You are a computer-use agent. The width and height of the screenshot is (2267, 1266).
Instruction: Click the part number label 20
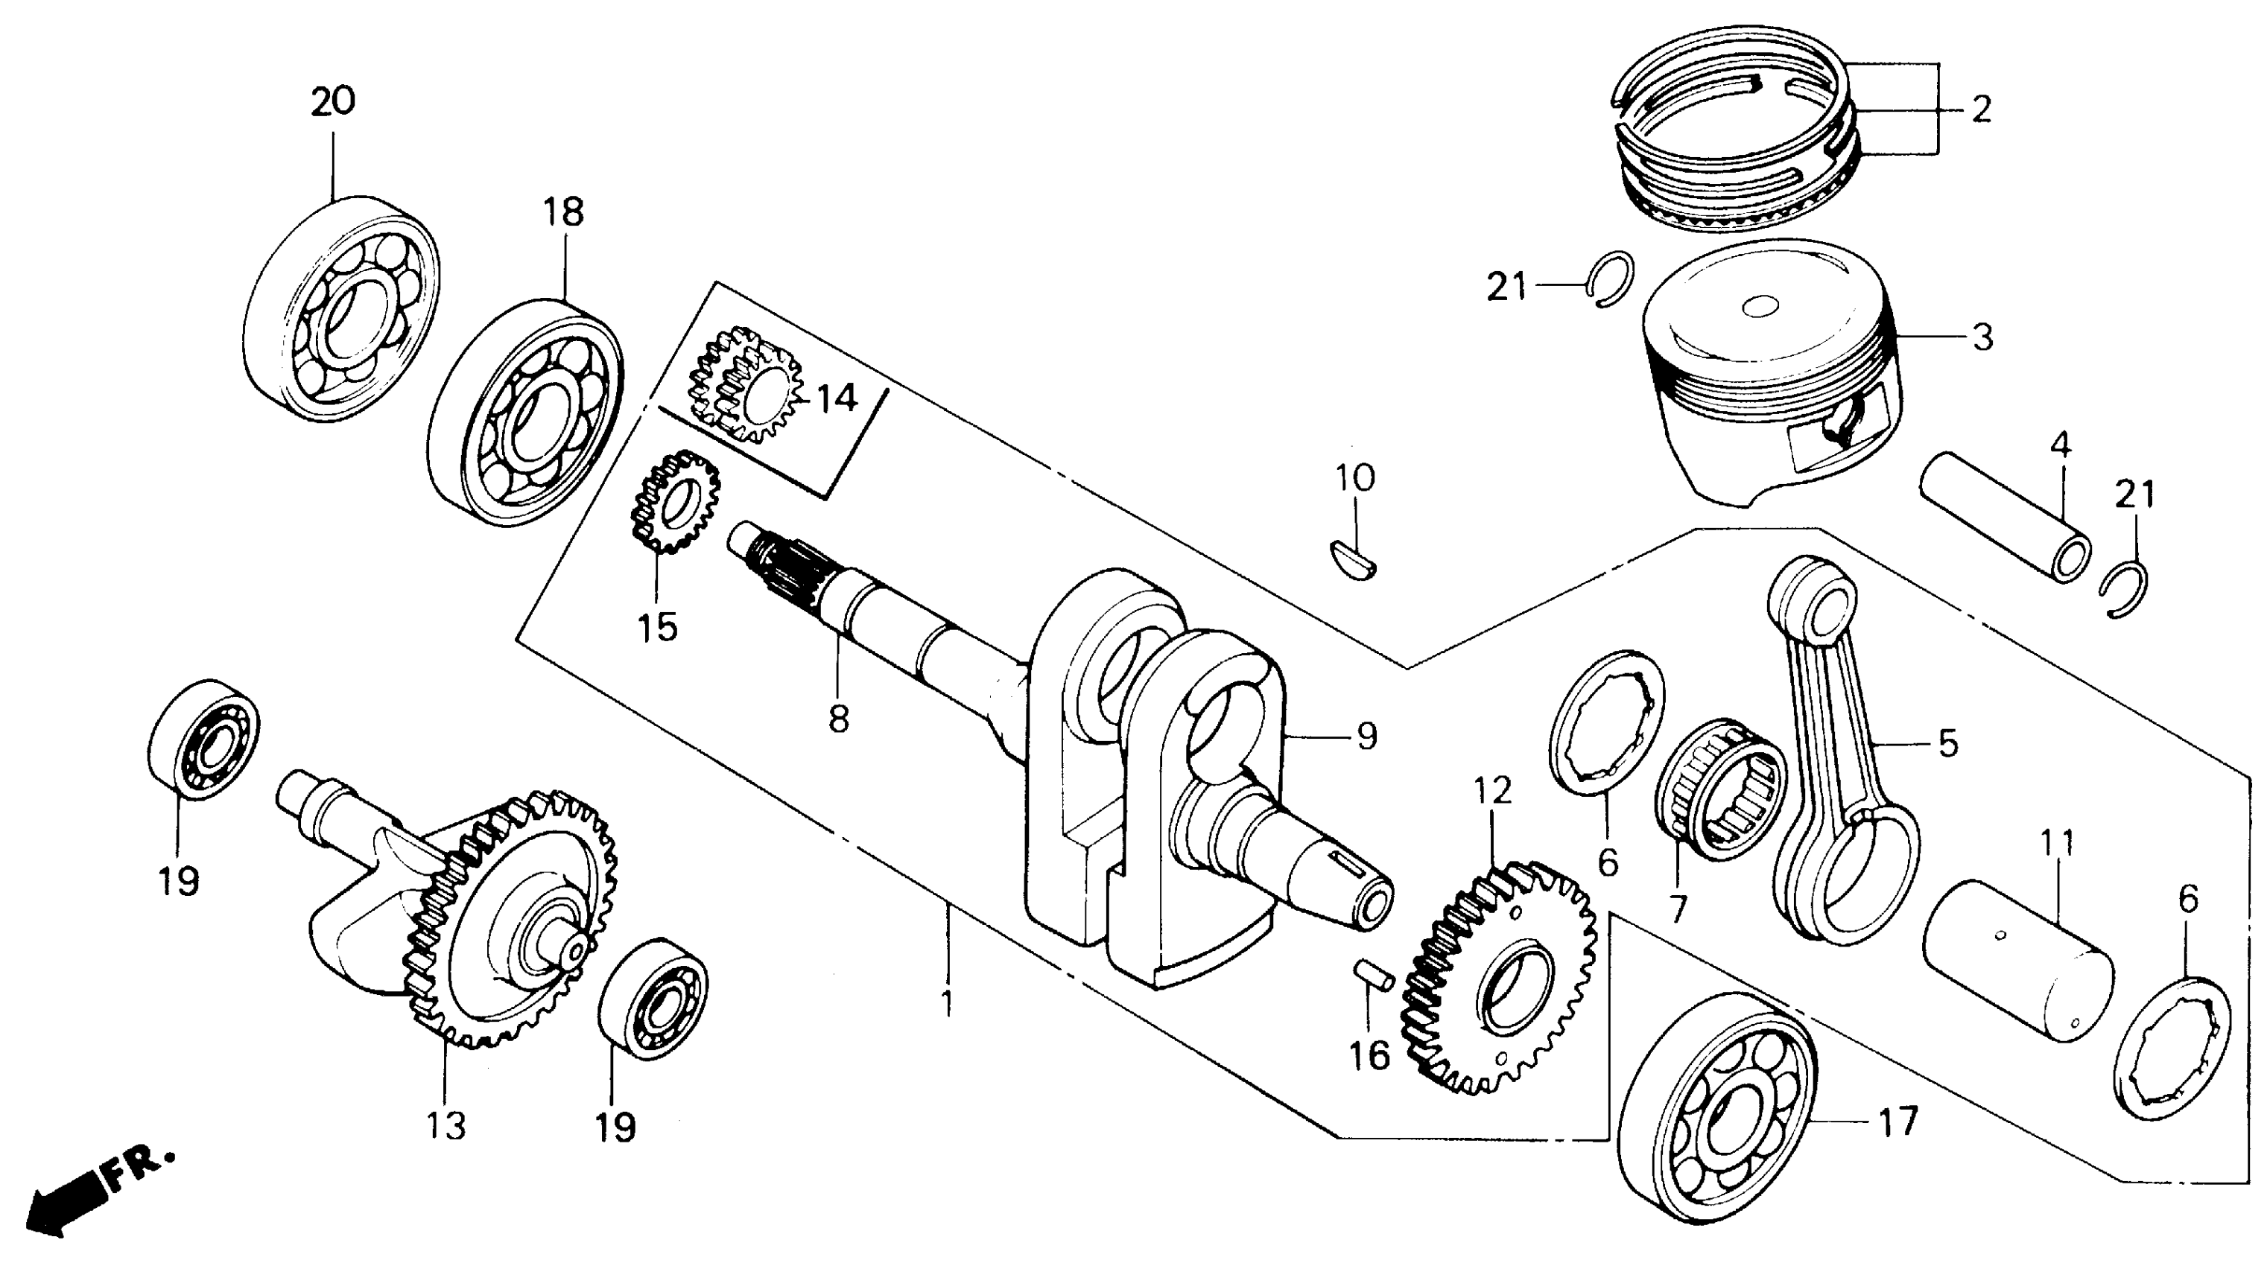[x=333, y=102]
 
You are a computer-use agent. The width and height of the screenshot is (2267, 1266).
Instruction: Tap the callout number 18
[x=563, y=212]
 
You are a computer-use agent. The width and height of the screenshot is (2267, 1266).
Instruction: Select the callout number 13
[x=446, y=1125]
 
